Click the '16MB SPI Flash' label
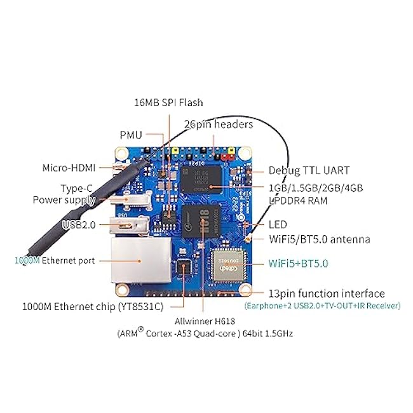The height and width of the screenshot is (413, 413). pyautogui.click(x=168, y=102)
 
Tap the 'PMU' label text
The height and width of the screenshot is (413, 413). pyautogui.click(x=131, y=135)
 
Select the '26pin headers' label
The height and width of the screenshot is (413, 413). pyautogui.click(x=219, y=125)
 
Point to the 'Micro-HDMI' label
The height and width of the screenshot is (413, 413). pyautogui.click(x=69, y=168)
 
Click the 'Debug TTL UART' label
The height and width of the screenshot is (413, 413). pyautogui.click(x=309, y=170)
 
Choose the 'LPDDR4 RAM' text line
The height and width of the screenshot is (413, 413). pyautogui.click(x=298, y=201)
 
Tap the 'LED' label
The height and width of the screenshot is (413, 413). pyautogui.click(x=278, y=225)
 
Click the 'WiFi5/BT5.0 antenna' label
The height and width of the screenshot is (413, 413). pyautogui.click(x=320, y=240)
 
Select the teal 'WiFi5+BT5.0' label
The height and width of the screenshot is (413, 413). pyautogui.click(x=298, y=264)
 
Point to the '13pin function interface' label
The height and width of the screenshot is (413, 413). pyautogui.click(x=327, y=294)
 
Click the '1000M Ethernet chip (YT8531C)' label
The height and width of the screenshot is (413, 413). pyautogui.click(x=93, y=307)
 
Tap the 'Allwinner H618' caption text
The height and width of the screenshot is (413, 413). pyautogui.click(x=205, y=321)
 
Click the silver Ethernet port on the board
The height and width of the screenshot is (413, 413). pyautogui.click(x=141, y=261)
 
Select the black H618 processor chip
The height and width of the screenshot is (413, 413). pyautogui.click(x=201, y=220)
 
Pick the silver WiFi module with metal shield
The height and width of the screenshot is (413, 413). pyautogui.click(x=228, y=265)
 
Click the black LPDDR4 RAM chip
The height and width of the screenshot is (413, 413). pyautogui.click(x=201, y=180)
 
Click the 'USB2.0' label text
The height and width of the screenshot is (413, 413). pyautogui.click(x=79, y=225)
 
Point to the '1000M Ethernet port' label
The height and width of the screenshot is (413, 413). pyautogui.click(x=55, y=261)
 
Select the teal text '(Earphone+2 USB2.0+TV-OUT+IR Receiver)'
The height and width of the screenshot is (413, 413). pyautogui.click(x=322, y=306)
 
